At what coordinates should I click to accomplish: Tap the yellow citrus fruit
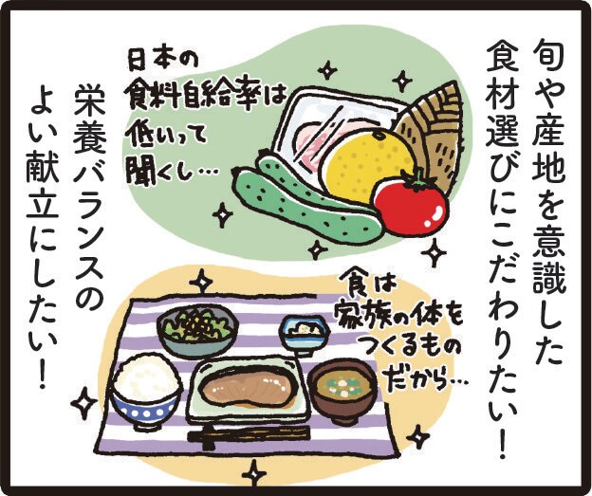tap(365, 166)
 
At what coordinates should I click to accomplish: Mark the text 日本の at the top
tap(161, 60)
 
